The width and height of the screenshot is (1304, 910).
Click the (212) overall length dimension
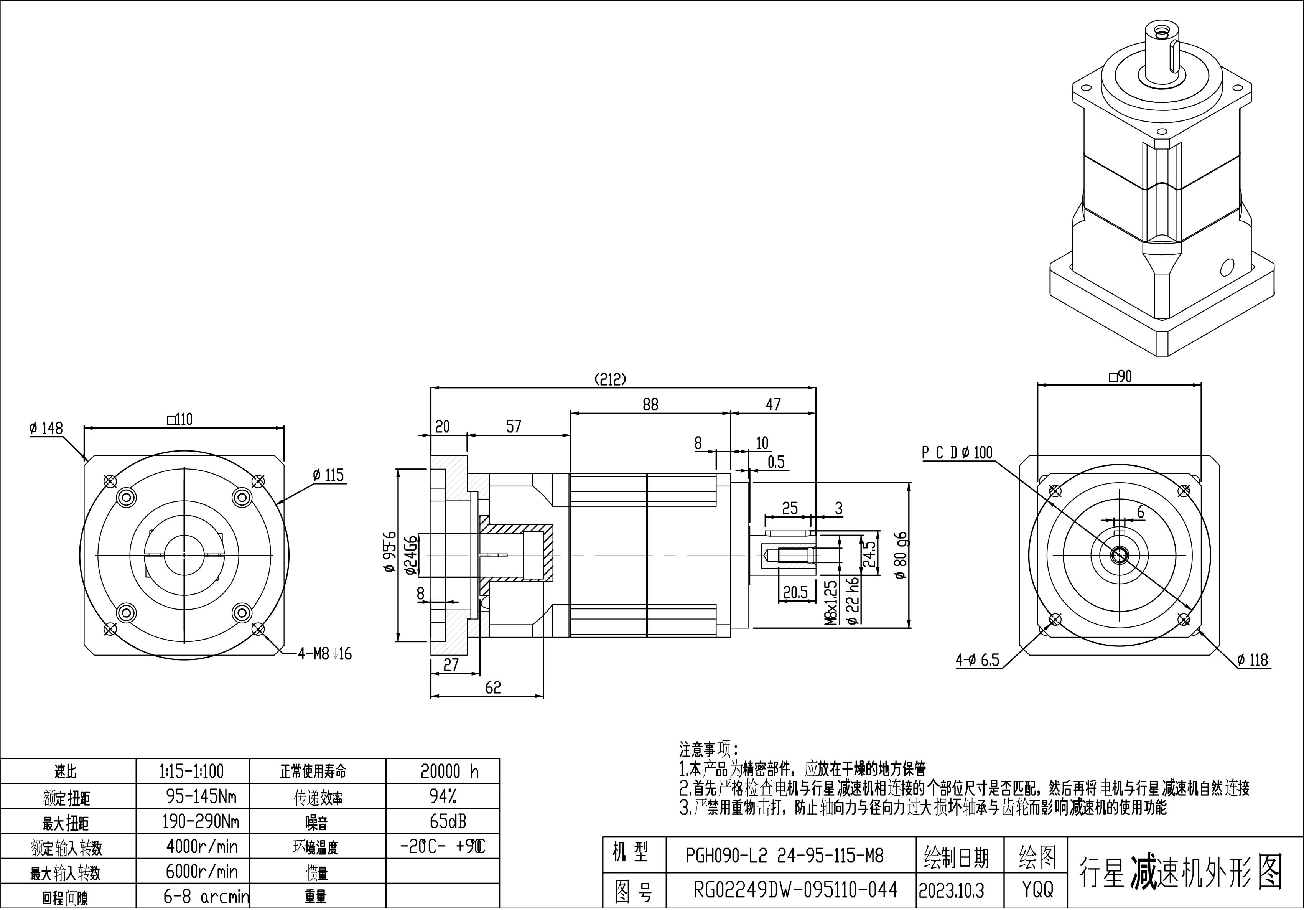610,379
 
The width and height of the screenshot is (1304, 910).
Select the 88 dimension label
650,404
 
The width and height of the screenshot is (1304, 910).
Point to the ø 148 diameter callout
46,428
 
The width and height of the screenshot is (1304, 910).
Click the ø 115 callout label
328,475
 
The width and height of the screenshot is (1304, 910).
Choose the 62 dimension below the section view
493,688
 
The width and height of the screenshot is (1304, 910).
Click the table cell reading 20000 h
449,772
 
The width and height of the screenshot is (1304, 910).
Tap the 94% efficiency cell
443,796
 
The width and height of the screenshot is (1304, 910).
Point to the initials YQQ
1037,890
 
